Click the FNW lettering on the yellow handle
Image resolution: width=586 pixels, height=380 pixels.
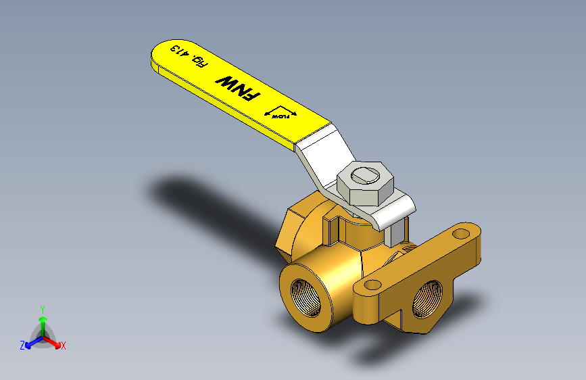[237, 89]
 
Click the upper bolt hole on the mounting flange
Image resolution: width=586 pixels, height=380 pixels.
[461, 233]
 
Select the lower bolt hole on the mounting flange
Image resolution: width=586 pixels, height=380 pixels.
[370, 286]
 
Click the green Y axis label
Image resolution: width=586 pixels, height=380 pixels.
[43, 308]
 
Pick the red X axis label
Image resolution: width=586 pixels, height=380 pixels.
[64, 346]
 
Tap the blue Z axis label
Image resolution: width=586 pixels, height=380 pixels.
[22, 346]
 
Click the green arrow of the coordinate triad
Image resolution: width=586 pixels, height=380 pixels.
[43, 320]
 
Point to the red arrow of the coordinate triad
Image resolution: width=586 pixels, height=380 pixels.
[54, 341]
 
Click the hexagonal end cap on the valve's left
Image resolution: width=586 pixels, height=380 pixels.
[292, 227]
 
